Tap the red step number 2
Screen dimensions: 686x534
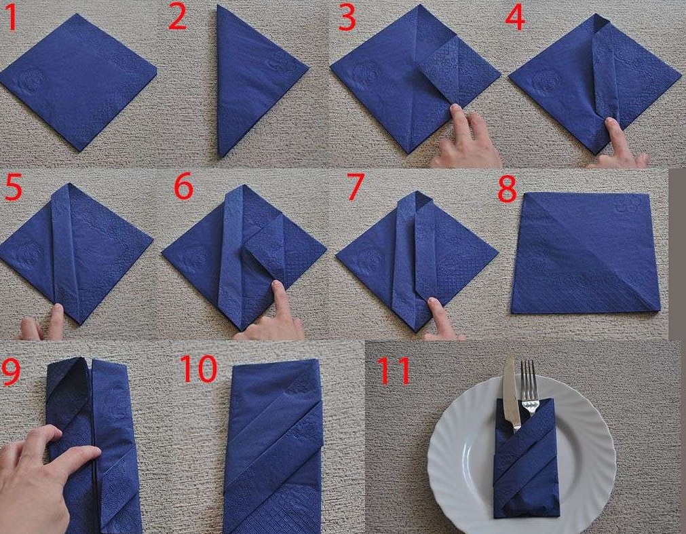coord(178,18)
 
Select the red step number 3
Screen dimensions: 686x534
coord(347,18)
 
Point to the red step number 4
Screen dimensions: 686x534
coord(515,18)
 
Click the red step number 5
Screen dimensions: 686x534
coord(13,187)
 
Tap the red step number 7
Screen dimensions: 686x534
coord(355,187)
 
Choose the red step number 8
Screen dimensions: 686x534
coord(507,189)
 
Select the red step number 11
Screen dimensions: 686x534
coord(394,370)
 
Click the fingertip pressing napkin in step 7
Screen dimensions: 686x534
coord(433,303)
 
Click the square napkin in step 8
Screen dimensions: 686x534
coord(586,253)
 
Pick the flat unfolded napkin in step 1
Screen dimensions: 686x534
coord(78,82)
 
